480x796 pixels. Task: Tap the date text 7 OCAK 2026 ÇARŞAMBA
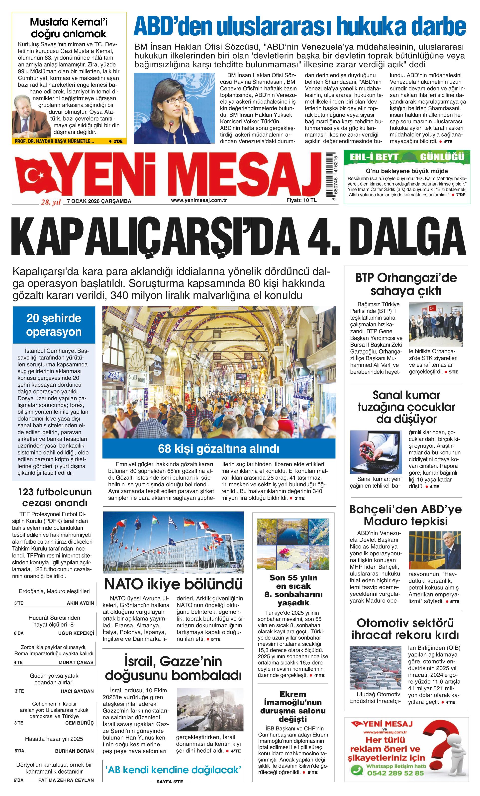click(99, 201)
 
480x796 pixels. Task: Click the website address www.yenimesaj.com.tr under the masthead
click(199, 200)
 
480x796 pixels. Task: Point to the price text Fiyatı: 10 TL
click(301, 200)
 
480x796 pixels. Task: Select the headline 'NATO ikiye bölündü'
click(173, 584)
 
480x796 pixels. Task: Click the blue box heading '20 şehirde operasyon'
click(54, 325)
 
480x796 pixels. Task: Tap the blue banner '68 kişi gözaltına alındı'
click(218, 448)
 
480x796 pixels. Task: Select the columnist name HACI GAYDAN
click(77, 691)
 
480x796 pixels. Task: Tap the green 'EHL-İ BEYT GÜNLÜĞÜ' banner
click(407, 157)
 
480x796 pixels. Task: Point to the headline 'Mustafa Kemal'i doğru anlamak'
click(69, 28)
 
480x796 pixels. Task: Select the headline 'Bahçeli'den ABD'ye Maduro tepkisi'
click(406, 515)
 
